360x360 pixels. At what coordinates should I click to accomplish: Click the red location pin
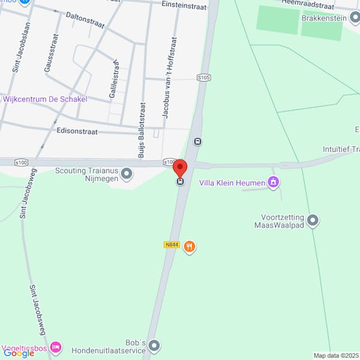180,167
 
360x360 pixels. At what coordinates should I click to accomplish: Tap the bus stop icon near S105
198,142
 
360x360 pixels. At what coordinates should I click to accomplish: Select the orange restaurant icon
190,247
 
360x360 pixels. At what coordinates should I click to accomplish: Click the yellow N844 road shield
171,245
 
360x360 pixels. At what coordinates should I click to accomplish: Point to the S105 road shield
204,77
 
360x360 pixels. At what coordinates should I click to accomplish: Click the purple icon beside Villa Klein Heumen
274,182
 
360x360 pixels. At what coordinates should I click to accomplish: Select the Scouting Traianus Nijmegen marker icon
127,175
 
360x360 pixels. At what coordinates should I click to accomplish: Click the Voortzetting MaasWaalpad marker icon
313,221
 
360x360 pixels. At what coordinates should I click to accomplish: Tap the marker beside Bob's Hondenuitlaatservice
155,346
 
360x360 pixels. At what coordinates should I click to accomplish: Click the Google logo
18,353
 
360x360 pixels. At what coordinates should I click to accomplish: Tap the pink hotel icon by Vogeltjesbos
56,347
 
